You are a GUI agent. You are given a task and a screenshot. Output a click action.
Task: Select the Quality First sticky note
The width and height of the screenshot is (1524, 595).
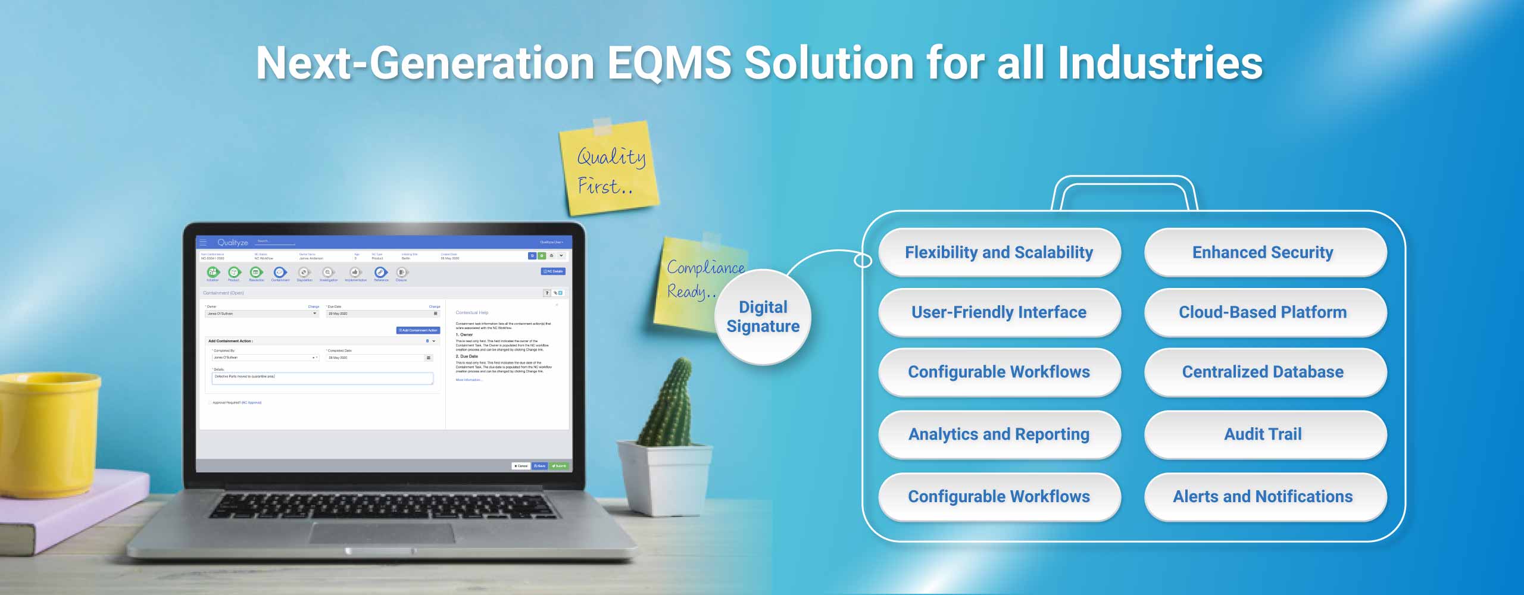(x=609, y=168)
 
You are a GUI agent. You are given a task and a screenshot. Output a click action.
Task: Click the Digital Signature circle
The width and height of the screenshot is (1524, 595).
(x=763, y=317)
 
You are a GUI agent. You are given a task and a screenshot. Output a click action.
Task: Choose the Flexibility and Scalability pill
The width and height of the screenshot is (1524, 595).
(x=999, y=253)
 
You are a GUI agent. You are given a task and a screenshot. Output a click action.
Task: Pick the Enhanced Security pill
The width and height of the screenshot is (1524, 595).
(x=1263, y=253)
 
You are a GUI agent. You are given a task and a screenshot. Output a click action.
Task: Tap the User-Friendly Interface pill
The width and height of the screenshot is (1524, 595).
(x=999, y=312)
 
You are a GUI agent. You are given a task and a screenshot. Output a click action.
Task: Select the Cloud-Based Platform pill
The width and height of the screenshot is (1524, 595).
(x=1263, y=312)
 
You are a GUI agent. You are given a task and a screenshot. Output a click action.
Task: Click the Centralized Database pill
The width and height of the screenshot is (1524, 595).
(x=1263, y=372)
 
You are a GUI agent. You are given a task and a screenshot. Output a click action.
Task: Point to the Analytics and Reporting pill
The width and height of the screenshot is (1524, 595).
(x=999, y=434)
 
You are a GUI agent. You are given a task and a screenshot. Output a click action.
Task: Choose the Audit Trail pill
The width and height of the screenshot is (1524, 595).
(x=1263, y=434)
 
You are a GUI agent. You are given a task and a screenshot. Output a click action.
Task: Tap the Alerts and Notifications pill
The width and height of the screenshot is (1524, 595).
(x=1263, y=497)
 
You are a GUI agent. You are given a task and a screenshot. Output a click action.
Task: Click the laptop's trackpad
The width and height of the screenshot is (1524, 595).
(x=381, y=533)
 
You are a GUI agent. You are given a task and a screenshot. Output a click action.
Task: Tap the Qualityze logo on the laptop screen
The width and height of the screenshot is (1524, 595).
(x=232, y=243)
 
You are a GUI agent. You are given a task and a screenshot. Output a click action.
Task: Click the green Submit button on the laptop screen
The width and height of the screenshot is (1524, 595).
(x=559, y=466)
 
